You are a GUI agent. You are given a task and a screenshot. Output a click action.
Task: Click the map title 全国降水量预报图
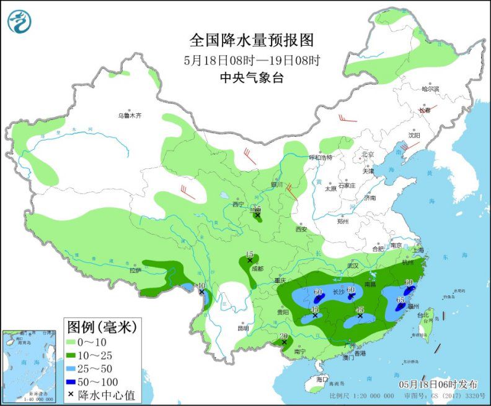pyautogui.click(x=252, y=41)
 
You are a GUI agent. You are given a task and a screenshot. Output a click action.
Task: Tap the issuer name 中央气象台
pyautogui.click(x=252, y=77)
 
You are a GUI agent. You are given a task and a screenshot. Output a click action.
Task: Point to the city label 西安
pyautogui.click(x=301, y=229)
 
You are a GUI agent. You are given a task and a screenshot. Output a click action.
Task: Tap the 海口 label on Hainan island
pyautogui.click(x=321, y=378)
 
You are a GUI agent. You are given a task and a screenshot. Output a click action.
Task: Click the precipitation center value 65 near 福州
pyautogui.click(x=400, y=300)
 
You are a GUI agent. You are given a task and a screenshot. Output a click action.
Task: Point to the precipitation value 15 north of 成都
pyautogui.click(x=250, y=254)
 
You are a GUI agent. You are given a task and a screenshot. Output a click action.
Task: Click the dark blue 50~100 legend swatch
pyautogui.click(x=77, y=382)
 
